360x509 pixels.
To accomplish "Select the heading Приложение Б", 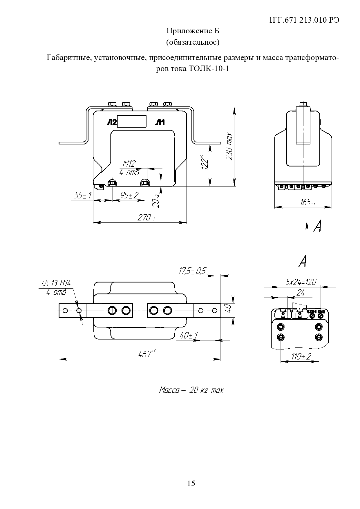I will tap(193, 31).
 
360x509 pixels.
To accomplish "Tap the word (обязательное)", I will tap(193, 42).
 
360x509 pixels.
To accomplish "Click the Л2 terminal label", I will tap(111, 123).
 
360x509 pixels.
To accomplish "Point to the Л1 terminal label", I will tap(160, 123).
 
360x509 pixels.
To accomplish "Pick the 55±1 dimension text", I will tap(83, 195).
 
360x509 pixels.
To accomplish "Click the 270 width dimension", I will tap(146, 218).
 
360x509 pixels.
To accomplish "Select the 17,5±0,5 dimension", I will tap(192, 271).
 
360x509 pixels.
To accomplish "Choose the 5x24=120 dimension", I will tap(301, 282).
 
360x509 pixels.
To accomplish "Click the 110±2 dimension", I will tap(301, 356).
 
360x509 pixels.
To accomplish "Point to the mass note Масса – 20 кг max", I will tap(191, 390).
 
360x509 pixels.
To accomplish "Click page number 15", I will tap(191, 483).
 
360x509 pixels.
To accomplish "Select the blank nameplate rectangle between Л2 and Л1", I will tap(132, 121).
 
